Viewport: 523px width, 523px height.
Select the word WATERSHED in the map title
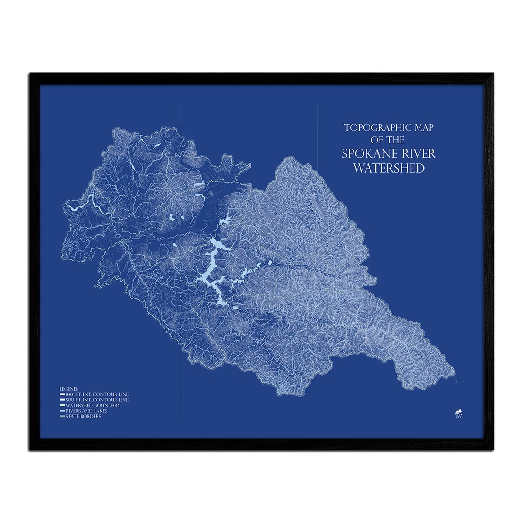point(388,168)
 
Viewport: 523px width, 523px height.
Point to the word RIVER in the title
point(418,154)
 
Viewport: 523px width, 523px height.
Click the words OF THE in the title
point(387,140)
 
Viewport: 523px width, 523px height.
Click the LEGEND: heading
point(69,388)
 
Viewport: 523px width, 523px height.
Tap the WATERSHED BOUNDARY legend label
point(92,405)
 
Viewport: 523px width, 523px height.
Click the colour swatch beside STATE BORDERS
point(62,417)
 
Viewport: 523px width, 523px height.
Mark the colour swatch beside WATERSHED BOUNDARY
point(62,405)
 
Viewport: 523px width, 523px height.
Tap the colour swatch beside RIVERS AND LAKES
point(62,411)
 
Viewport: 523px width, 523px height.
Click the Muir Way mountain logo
point(458,412)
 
